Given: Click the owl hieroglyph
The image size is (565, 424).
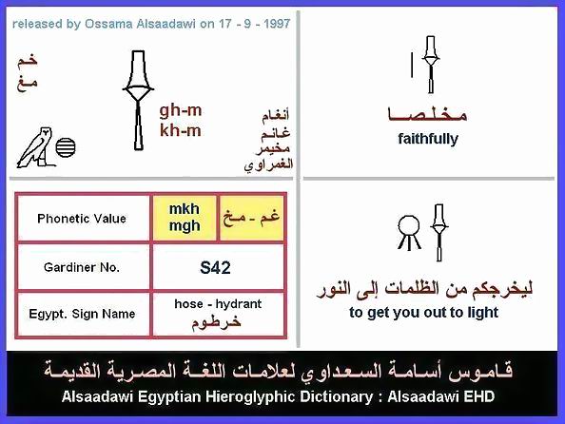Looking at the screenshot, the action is click(35, 147).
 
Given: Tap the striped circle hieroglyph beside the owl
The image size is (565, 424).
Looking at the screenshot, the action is click(66, 147).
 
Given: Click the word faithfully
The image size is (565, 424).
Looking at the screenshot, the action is click(428, 139).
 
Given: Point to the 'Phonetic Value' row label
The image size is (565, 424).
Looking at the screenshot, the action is click(82, 219).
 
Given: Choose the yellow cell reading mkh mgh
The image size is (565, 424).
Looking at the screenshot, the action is click(185, 218).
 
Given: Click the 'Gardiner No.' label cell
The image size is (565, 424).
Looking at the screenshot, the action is click(82, 267).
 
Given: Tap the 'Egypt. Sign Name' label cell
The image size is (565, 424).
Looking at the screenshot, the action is click(82, 314).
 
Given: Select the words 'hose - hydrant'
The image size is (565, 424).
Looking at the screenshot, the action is click(218, 303).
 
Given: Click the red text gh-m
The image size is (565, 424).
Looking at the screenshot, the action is click(181, 110).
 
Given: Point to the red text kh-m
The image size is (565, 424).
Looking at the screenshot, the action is click(181, 130).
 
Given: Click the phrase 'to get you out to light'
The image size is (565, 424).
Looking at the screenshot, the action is click(424, 313).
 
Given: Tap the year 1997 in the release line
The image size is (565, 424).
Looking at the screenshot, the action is click(277, 24).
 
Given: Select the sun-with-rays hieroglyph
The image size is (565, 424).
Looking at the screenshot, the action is click(409, 232).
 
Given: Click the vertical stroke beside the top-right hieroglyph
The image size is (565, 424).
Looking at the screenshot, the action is click(412, 65).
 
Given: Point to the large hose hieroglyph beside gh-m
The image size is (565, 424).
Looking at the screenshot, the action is click(138, 100).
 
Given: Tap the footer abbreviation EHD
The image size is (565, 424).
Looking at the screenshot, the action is click(478, 396).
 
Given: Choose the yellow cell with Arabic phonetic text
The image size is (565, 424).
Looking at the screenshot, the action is click(251, 218).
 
